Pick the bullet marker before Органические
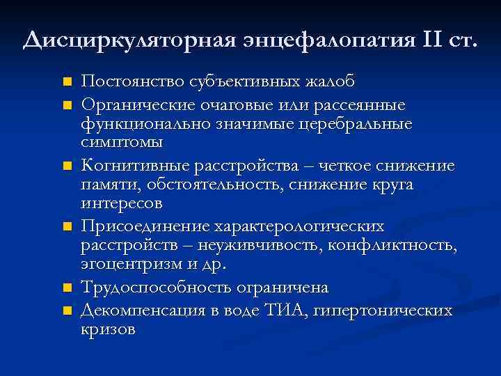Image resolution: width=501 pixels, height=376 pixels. [x=67, y=105]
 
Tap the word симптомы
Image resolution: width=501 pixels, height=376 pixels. [x=122, y=143]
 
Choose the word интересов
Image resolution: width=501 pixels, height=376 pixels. [x=122, y=205]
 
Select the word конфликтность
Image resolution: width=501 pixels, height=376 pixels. [x=401, y=246]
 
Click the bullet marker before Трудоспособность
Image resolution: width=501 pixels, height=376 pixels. [x=67, y=288]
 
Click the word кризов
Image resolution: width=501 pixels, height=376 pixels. [x=109, y=329]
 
